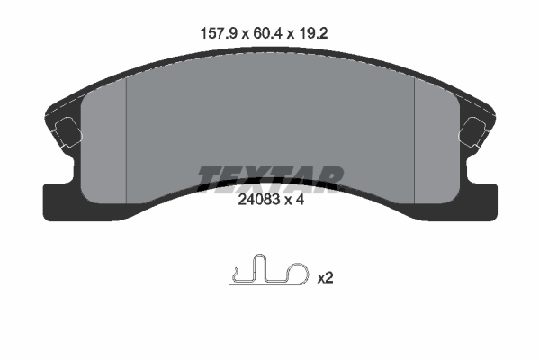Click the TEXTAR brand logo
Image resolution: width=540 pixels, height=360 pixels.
click(270, 177)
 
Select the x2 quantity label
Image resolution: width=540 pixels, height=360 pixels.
click(325, 278)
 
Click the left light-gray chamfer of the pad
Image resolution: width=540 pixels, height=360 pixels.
click(104, 144)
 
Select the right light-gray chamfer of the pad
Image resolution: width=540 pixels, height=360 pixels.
click(436, 144)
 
